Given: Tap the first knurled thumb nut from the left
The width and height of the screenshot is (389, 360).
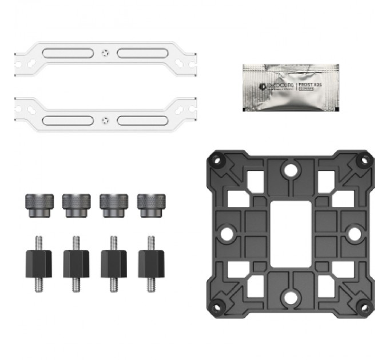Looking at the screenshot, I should (x=39, y=205).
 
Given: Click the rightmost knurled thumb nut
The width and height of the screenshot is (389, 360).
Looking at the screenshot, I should (x=150, y=205).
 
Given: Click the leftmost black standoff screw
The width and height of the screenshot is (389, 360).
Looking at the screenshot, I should (x=39, y=262).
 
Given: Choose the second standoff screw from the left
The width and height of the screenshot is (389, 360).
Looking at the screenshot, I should (x=77, y=262).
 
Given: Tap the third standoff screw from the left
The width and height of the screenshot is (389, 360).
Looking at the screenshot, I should (x=114, y=262).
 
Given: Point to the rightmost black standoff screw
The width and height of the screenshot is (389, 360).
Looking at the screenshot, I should (x=151, y=262).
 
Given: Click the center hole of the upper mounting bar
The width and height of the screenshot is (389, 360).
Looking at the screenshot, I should (x=104, y=53).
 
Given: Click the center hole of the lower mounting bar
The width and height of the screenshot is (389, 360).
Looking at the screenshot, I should (x=104, y=121).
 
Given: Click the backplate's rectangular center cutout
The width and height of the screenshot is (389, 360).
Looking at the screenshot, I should (x=291, y=233).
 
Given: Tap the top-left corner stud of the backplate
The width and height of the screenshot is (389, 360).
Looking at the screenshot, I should (x=217, y=160).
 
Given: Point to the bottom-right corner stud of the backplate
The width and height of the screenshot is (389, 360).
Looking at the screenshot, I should (x=363, y=306).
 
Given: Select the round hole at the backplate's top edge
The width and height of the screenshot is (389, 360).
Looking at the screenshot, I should (x=291, y=169).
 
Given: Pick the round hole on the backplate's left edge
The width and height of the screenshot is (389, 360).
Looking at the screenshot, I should (x=225, y=233).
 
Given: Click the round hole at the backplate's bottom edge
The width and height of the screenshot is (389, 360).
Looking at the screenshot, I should (x=291, y=298).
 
